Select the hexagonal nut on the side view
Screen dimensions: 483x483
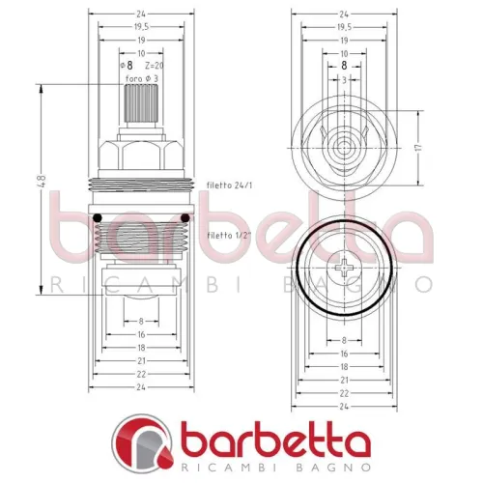click(140, 153)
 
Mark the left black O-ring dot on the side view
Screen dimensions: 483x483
click(95, 217)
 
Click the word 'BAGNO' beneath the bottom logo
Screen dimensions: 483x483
click(325, 470)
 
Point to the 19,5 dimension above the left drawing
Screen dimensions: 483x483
click(140, 27)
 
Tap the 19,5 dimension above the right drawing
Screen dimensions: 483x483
click(345, 27)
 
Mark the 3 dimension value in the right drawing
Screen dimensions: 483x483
click(345, 80)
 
